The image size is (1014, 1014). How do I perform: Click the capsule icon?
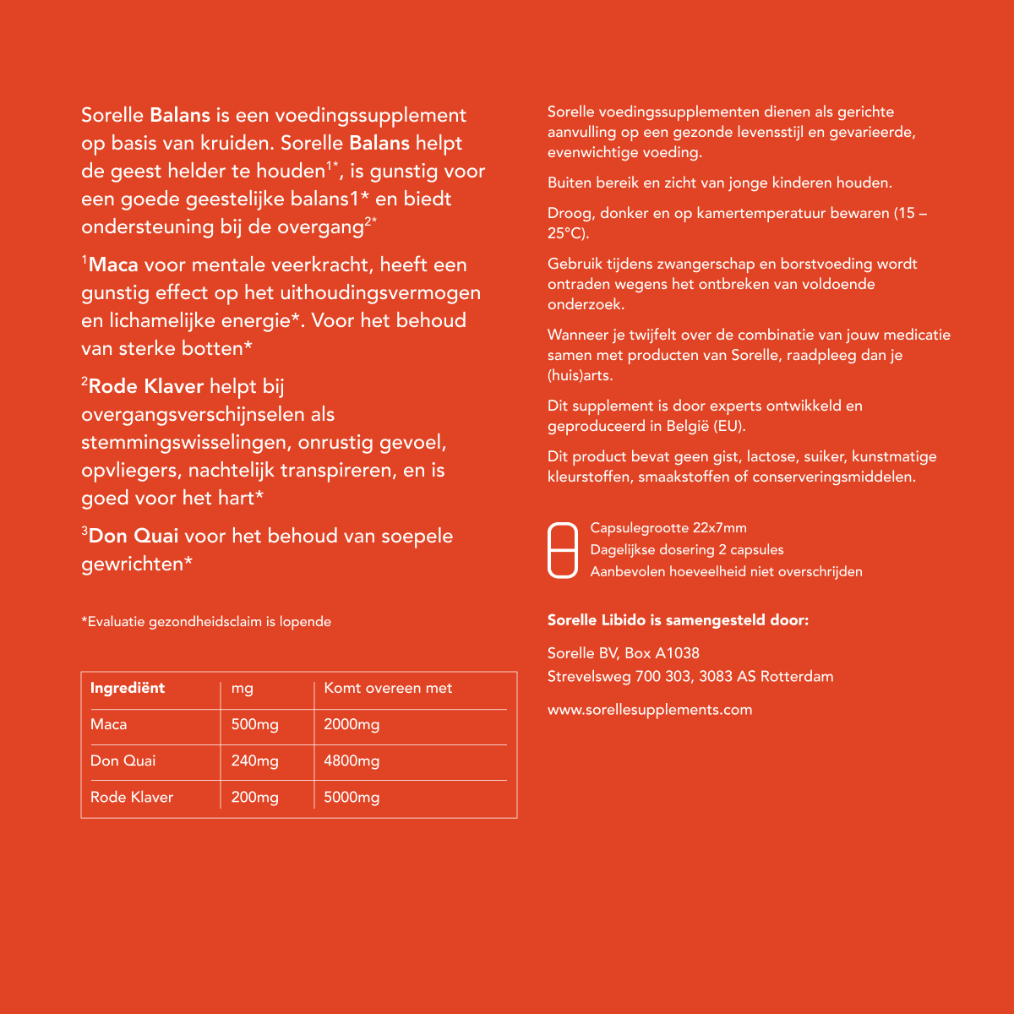[563, 549]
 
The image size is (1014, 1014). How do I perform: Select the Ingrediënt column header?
[128, 688]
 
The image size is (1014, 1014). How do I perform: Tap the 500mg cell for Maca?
[254, 724]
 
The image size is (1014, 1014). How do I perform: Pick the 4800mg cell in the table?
[352, 760]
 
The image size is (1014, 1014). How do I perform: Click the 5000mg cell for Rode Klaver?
[352, 797]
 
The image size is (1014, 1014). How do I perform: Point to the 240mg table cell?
[254, 760]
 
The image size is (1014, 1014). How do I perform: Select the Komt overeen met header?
[388, 688]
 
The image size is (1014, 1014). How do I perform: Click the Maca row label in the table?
[109, 724]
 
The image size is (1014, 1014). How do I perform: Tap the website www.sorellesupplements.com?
[650, 710]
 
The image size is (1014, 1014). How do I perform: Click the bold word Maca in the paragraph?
[113, 264]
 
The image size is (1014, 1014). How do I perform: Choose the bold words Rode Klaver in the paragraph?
[146, 386]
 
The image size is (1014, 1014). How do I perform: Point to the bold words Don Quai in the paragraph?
[134, 536]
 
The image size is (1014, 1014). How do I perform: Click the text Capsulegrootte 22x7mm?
[668, 528]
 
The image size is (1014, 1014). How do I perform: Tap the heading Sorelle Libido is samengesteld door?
[678, 620]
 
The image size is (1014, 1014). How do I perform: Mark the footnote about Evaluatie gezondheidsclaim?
[206, 622]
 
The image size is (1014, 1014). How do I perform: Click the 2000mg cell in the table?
[352, 724]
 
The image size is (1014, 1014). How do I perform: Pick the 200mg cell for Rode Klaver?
[254, 797]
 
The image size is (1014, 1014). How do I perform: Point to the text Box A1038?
[662, 652]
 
